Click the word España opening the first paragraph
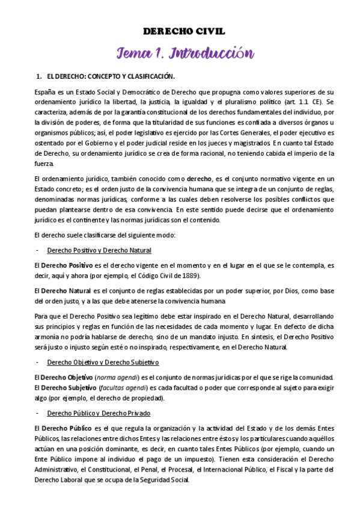[46, 93]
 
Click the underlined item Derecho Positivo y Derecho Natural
[99, 250]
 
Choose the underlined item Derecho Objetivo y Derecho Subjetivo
[103, 363]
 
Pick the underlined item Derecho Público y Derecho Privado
[99, 414]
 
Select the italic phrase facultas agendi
[123, 388]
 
